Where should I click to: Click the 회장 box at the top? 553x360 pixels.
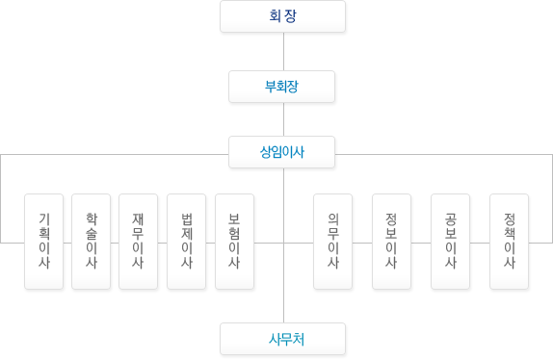[282, 16]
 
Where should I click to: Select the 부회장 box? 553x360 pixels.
[281, 87]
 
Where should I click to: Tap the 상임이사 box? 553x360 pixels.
[281, 152]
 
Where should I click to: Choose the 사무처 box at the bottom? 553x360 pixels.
[282, 339]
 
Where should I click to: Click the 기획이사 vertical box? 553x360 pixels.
[43, 242]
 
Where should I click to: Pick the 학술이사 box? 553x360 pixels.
[91, 242]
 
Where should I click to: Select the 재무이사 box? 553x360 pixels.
[139, 242]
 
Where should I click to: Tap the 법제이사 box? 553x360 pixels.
[186, 242]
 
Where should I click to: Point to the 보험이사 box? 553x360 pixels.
[234, 242]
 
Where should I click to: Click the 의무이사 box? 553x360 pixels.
[333, 242]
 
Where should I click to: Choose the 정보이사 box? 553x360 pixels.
[391, 242]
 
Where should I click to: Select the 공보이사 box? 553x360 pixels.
[450, 242]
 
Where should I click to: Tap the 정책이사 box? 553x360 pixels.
[510, 242]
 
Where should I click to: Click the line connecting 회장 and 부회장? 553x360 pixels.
[284, 52]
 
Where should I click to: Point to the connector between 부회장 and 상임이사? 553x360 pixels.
[284, 119]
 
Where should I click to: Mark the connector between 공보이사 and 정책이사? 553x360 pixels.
[480, 243]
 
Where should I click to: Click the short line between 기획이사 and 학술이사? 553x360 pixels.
[67, 243]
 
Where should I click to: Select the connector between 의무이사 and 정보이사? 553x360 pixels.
[362, 243]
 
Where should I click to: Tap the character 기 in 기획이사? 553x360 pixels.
[44, 219]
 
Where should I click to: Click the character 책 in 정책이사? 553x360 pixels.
[510, 233]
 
